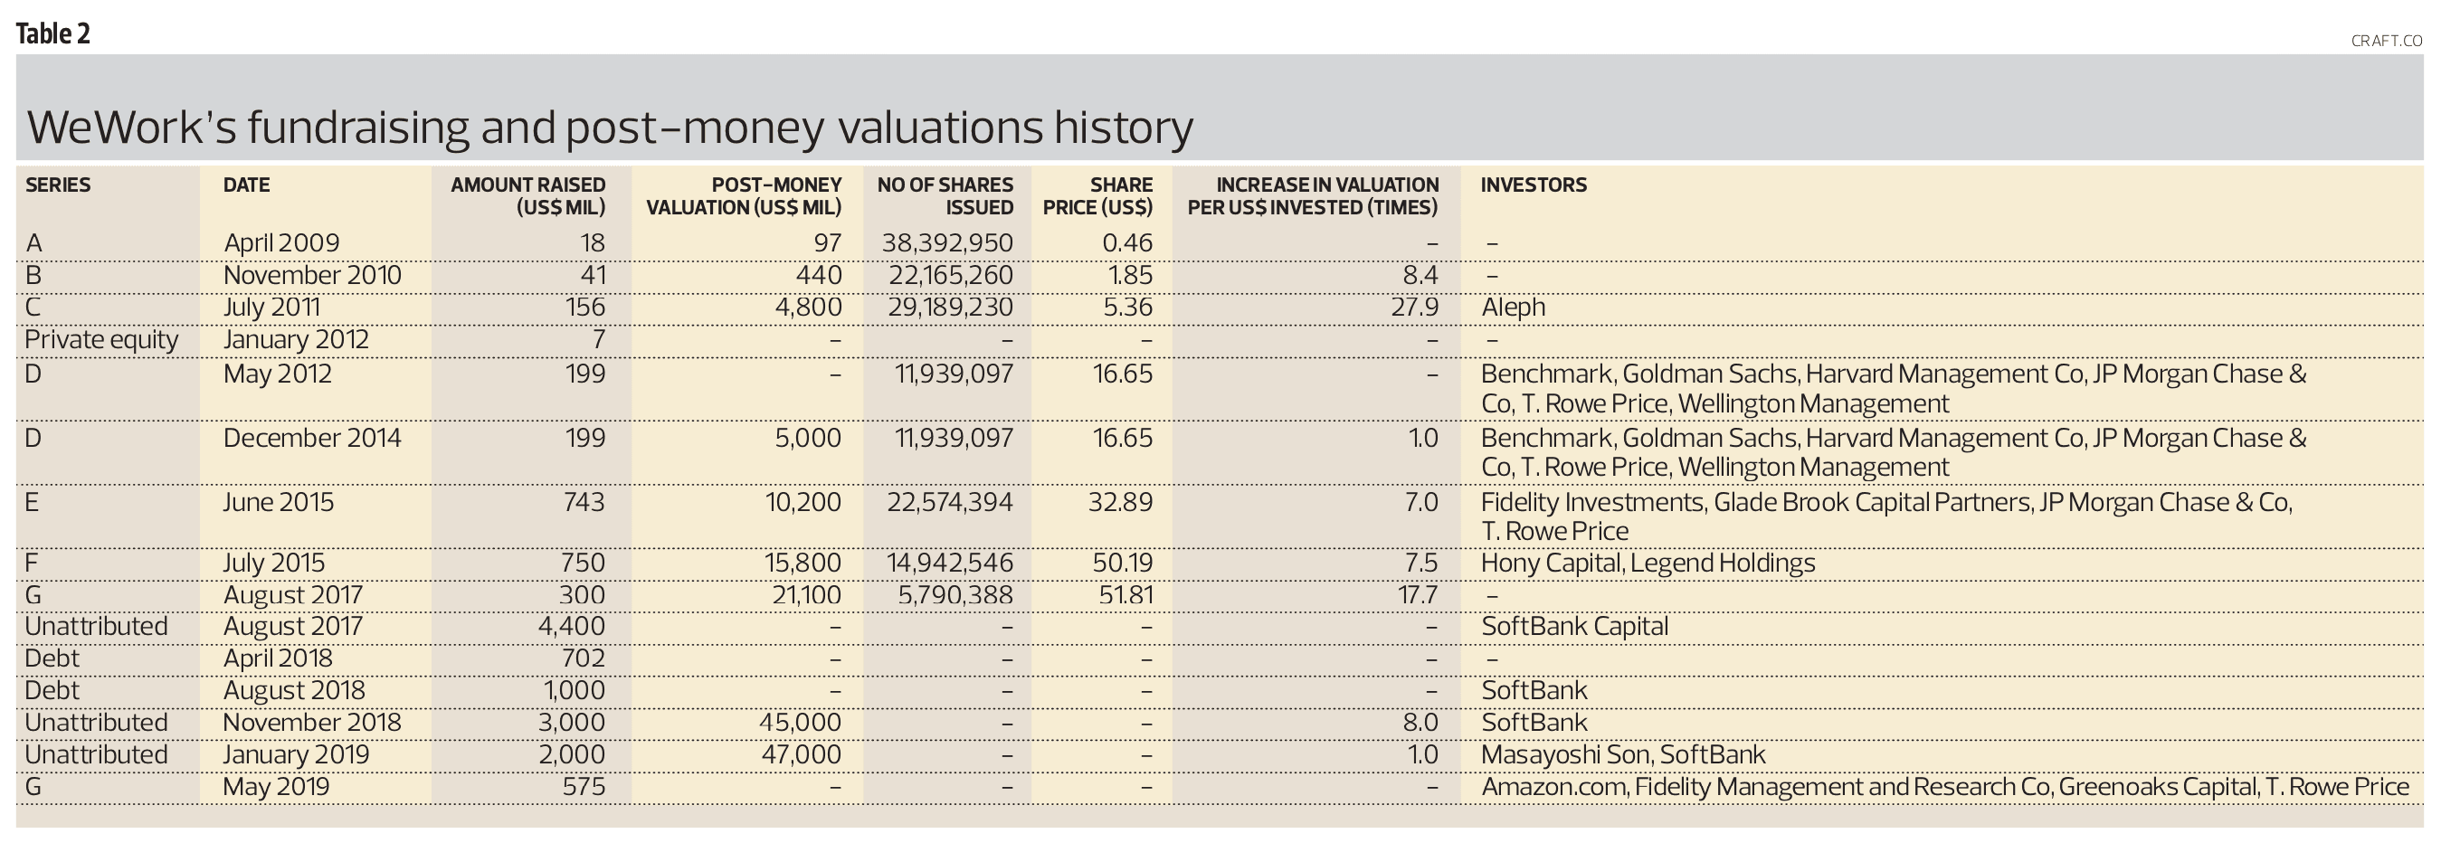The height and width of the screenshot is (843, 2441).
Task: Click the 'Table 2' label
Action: tap(53, 34)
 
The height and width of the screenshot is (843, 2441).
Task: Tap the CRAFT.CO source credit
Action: tap(2385, 41)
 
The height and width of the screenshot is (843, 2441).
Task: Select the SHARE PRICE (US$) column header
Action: tap(1098, 196)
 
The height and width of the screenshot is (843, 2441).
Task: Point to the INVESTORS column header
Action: tap(1534, 185)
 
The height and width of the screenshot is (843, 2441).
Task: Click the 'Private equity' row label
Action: tap(101, 339)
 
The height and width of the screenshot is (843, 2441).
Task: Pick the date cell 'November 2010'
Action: tap(312, 275)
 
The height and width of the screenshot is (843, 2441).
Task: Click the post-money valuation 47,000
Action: tap(800, 754)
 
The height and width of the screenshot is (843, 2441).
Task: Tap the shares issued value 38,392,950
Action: tap(946, 242)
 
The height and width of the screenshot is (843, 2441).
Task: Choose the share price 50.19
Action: tap(1122, 563)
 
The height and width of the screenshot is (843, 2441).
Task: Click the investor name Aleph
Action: tap(1513, 307)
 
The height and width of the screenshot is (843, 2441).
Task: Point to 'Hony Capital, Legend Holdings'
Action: tap(1648, 563)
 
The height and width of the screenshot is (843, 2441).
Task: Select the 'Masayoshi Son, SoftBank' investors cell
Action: tap(1623, 754)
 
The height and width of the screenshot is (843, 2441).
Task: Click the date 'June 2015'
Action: tap(279, 501)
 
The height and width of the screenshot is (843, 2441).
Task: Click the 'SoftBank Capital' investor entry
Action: tap(1574, 626)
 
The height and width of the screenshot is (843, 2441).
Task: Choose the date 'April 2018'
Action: tap(278, 658)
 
